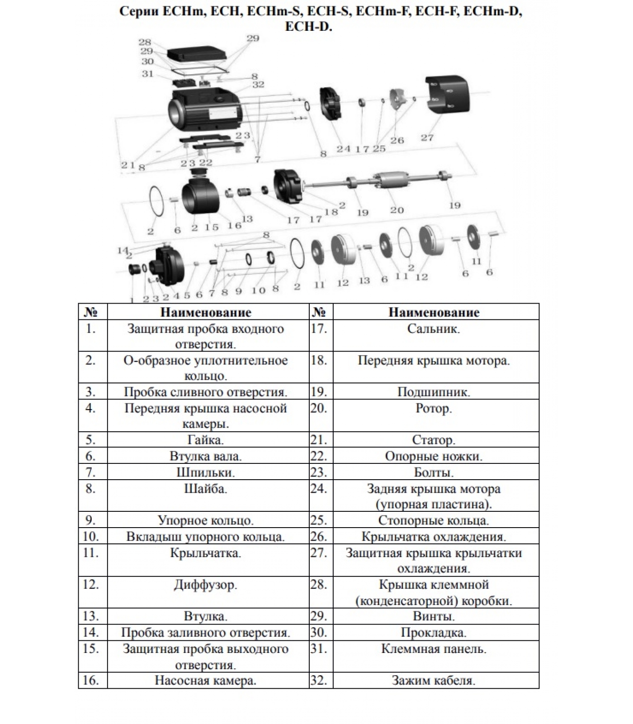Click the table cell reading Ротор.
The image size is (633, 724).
click(x=433, y=409)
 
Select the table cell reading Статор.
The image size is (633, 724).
click(x=433, y=440)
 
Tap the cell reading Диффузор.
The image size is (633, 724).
click(x=205, y=585)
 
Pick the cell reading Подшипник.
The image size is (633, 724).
click(x=433, y=392)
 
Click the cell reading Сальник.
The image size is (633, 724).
click(x=433, y=329)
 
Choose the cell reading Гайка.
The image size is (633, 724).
click(x=205, y=440)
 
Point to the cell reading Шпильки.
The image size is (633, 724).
click(x=205, y=472)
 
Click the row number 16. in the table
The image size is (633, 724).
click(x=91, y=680)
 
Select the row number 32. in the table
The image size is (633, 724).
click(x=319, y=680)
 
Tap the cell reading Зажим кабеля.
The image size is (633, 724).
click(x=433, y=680)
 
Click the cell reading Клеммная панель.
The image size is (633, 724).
click(x=433, y=649)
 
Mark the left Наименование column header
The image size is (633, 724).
click(x=205, y=312)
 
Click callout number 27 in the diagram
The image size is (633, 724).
click(x=427, y=138)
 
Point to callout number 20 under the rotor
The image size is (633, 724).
click(x=397, y=210)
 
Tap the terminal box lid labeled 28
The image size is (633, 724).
click(x=197, y=55)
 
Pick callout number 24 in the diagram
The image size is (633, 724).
click(x=343, y=148)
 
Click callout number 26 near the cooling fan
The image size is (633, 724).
click(x=397, y=140)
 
